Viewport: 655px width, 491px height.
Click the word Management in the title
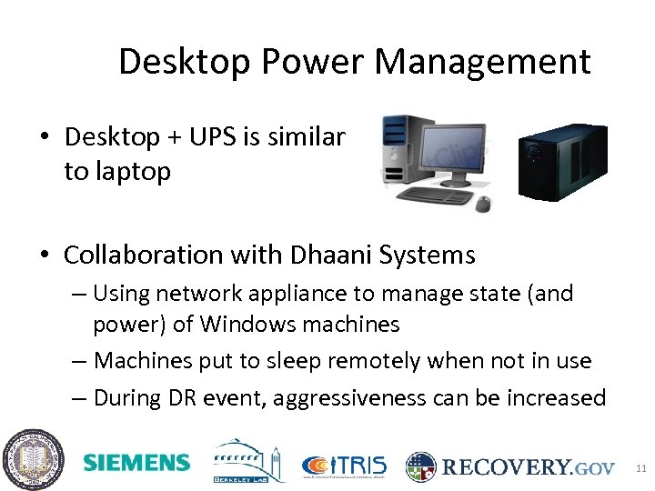coord(482,62)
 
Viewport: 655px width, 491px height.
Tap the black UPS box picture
coord(561,161)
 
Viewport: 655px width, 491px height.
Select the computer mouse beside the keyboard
coord(483,202)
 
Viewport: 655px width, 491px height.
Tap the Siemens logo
coord(136,463)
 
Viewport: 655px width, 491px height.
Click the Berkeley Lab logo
coord(249,462)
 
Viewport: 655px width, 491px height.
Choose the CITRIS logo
coord(345,466)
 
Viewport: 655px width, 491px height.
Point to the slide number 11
coord(640,468)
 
